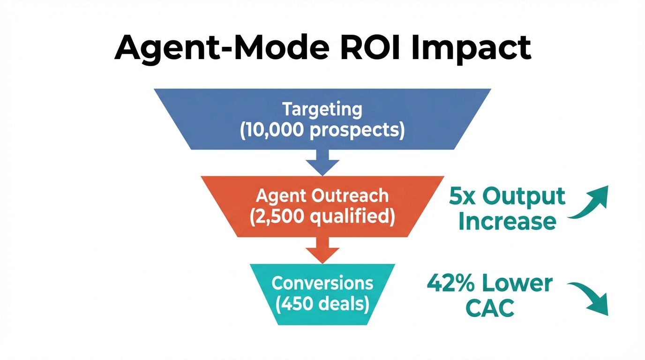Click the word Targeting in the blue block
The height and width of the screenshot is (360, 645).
322,109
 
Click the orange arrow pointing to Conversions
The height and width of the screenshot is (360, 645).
322,251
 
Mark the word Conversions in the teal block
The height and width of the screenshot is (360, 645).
322,283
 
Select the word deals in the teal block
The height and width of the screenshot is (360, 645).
345,304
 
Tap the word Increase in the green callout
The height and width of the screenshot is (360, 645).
507,221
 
